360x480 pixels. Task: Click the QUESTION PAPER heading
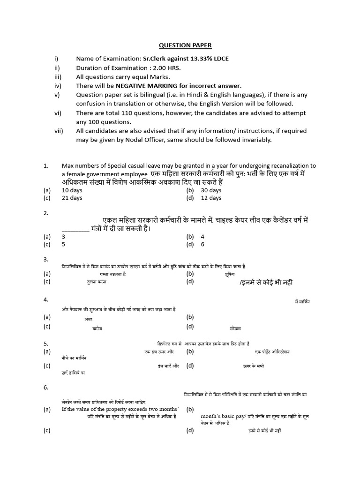pos(185,45)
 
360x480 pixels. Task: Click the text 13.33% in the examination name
pos(189,59)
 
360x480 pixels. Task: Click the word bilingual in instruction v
pos(150,95)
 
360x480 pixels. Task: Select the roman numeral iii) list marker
pos(58,77)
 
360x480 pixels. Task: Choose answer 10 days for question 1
pos(72,190)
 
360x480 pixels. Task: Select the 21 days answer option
pos(72,198)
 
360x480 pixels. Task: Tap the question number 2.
pos(46,213)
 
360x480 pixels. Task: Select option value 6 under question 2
pos(202,244)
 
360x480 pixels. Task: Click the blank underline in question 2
pos(75,229)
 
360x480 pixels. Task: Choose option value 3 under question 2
pos(63,237)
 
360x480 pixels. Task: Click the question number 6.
pos(46,387)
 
